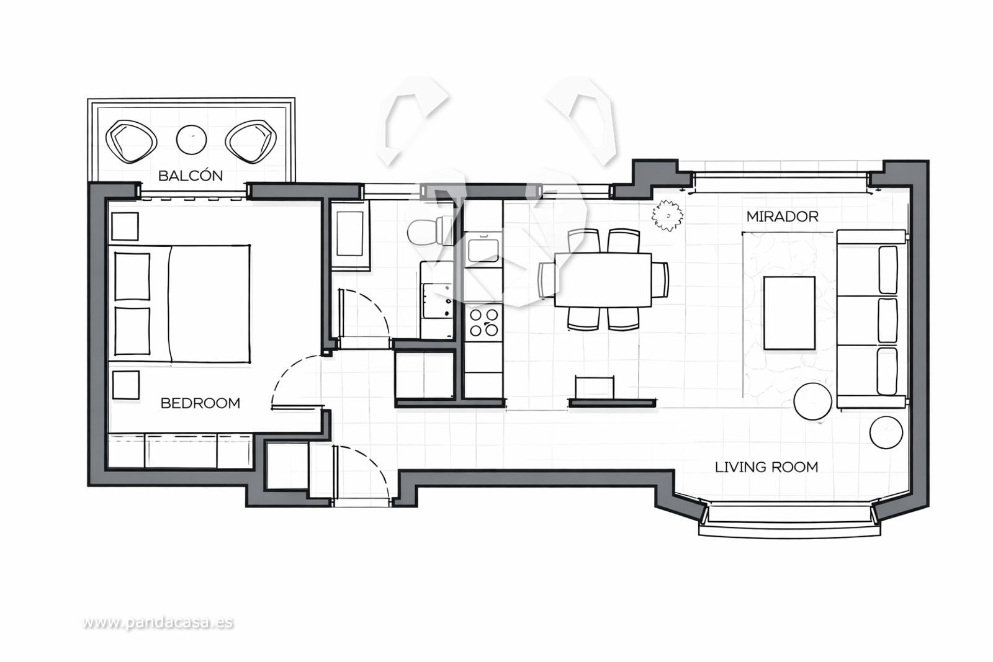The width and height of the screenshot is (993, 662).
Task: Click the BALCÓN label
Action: point(191,176)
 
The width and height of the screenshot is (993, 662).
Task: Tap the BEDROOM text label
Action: point(200,403)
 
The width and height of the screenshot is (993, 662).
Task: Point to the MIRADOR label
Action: point(783,217)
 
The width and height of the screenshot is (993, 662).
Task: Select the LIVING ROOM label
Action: point(766,467)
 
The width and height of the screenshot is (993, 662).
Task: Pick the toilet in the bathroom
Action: point(430,230)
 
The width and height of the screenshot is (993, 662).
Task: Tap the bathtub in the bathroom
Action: point(350,235)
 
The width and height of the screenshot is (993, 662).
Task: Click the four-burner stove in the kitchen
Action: point(483,322)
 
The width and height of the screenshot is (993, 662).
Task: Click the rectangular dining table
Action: point(603,280)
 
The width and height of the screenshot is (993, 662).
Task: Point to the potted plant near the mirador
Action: point(667,216)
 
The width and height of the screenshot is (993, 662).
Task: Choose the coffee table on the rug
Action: point(789,313)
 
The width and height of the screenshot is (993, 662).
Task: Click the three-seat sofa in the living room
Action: point(871,319)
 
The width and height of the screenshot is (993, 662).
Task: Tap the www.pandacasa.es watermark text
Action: point(158,622)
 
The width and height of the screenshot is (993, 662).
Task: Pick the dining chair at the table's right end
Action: point(660,280)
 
